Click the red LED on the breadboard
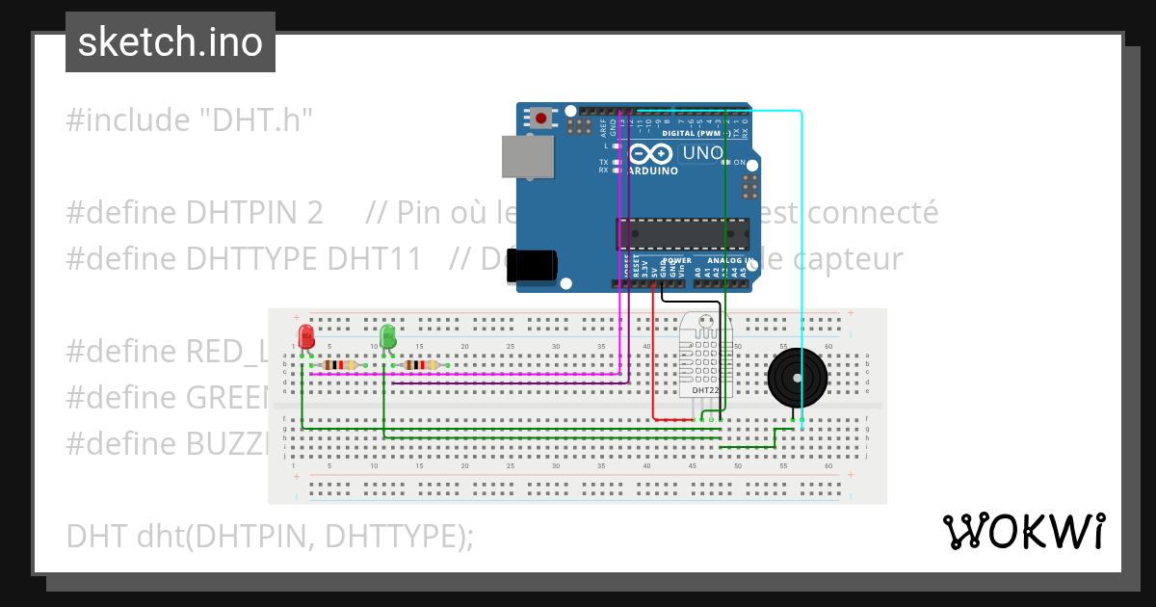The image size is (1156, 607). (x=306, y=336)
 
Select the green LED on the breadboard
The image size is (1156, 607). (x=387, y=336)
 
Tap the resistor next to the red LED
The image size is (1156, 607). (x=340, y=364)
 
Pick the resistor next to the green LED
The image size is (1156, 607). (x=421, y=364)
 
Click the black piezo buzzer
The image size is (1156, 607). (x=797, y=379)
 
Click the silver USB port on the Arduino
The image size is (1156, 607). (x=528, y=156)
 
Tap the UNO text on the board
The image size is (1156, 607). (x=702, y=153)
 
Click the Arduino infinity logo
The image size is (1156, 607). (x=652, y=154)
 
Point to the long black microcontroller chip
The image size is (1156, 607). (x=683, y=234)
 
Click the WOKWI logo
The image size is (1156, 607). (x=1023, y=531)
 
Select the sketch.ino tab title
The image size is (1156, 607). (x=171, y=42)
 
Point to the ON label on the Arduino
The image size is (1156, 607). (x=740, y=163)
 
